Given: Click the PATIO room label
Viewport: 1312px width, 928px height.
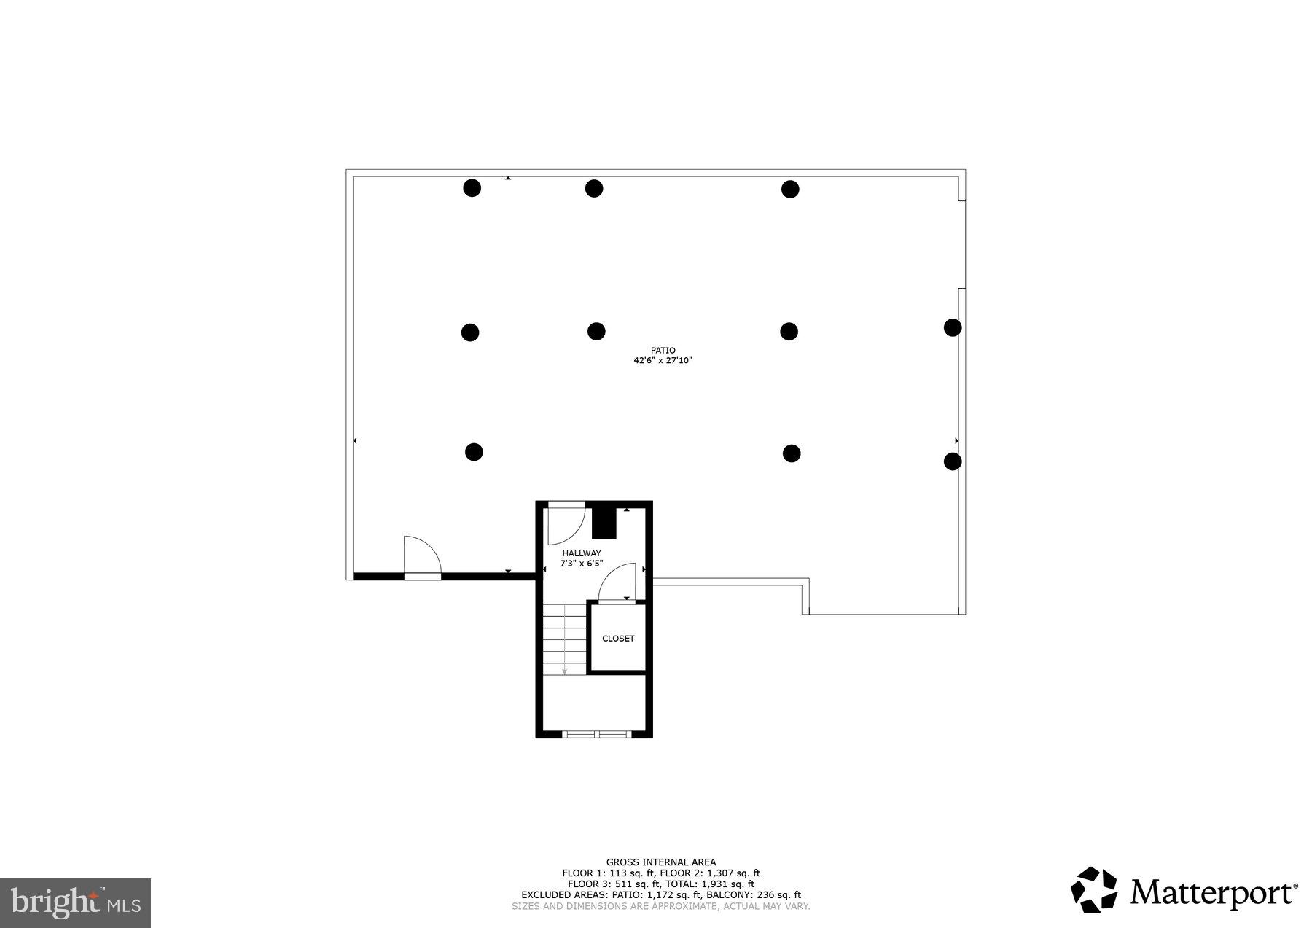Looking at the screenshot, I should click(x=663, y=351).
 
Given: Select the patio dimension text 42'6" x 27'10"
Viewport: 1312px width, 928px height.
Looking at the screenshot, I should click(x=663, y=360).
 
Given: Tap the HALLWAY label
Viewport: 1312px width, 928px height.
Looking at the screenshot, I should click(x=581, y=553).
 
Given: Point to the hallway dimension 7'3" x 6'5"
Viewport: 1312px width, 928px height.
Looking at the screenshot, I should click(x=581, y=563).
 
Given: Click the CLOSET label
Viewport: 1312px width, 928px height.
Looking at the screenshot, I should click(x=618, y=639).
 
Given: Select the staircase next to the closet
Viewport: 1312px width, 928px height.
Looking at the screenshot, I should click(x=565, y=639).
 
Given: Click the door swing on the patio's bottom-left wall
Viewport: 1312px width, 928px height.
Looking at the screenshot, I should click(x=421, y=555).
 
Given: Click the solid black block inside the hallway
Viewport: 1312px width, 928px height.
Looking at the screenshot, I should click(x=604, y=523).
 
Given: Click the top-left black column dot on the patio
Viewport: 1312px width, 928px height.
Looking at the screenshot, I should click(x=472, y=188).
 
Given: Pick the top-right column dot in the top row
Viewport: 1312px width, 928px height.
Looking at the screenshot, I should click(x=790, y=190).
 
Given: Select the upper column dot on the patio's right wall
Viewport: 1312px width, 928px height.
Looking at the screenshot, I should click(x=952, y=327).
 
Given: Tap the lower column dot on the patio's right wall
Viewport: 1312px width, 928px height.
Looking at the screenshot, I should click(x=952, y=461).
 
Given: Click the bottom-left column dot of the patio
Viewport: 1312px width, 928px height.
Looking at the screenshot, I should click(x=474, y=452).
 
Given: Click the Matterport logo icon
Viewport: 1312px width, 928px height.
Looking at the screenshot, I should click(x=1094, y=889).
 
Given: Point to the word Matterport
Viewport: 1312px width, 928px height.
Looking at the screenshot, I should click(x=1213, y=892).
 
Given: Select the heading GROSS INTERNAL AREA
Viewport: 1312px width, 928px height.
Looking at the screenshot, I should click(x=660, y=862).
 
